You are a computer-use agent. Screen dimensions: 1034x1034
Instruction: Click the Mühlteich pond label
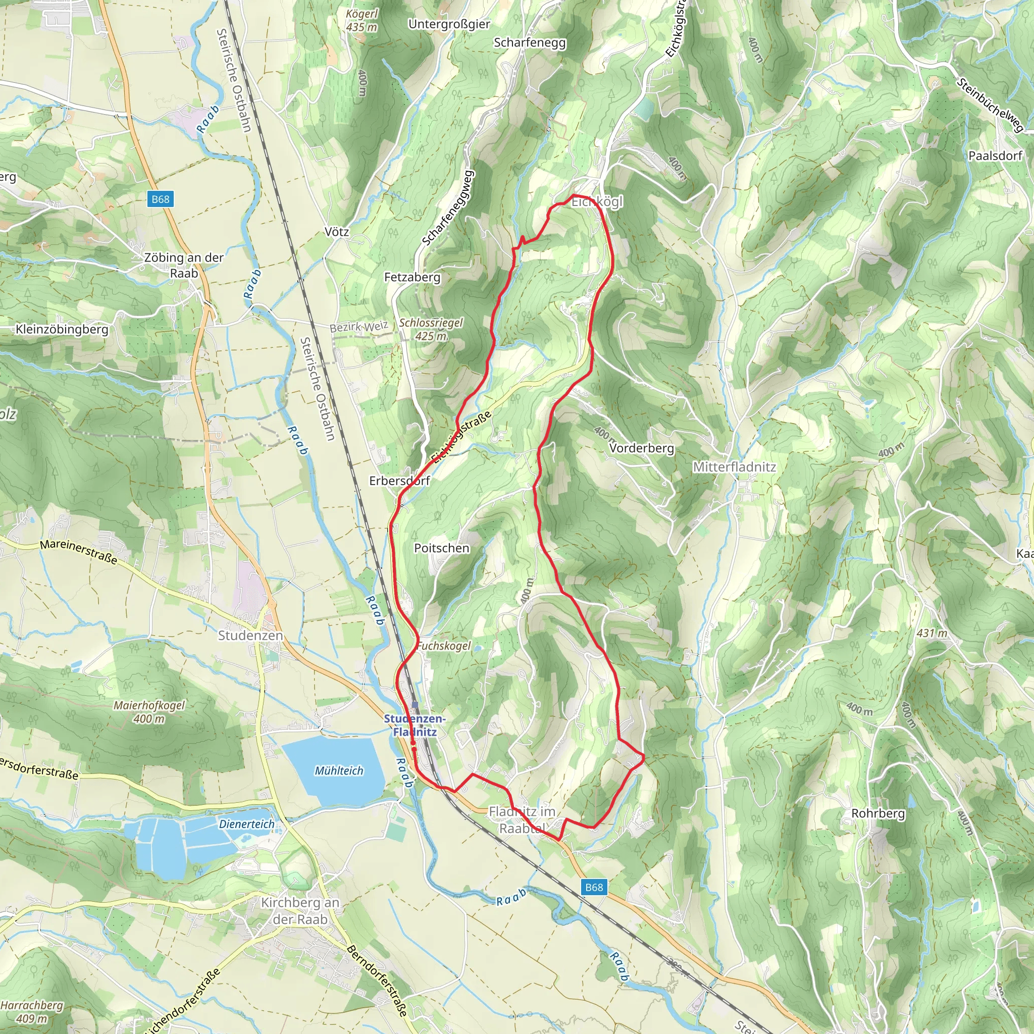tap(339, 770)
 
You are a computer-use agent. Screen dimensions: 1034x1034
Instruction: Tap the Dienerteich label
tap(246, 824)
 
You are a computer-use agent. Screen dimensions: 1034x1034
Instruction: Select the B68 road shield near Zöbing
tap(160, 199)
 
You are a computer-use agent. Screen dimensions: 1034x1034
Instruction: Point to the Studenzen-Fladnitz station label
tap(414, 725)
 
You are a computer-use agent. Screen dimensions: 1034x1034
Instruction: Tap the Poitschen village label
tap(442, 548)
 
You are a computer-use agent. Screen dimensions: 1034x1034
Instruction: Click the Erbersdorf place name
tap(399, 481)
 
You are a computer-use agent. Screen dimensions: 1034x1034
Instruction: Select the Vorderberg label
tap(641, 448)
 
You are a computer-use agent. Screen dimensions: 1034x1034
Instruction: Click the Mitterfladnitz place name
tap(734, 467)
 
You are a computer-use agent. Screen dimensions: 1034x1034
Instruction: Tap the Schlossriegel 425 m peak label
tap(431, 329)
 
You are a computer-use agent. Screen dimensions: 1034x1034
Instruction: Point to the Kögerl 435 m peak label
tap(362, 20)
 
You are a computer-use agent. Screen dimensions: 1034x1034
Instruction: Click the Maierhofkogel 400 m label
tap(149, 712)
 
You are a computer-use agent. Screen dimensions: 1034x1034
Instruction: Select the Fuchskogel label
tap(444, 646)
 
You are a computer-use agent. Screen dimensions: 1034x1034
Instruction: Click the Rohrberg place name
tap(877, 813)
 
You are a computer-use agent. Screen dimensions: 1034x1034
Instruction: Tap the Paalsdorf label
tap(995, 156)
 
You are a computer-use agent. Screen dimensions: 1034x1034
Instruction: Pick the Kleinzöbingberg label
tap(62, 329)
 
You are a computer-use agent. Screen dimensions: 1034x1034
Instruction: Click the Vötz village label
tap(337, 232)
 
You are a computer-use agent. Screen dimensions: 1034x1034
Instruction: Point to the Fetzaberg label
tap(412, 277)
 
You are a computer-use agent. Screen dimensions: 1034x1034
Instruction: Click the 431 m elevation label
tap(932, 633)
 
